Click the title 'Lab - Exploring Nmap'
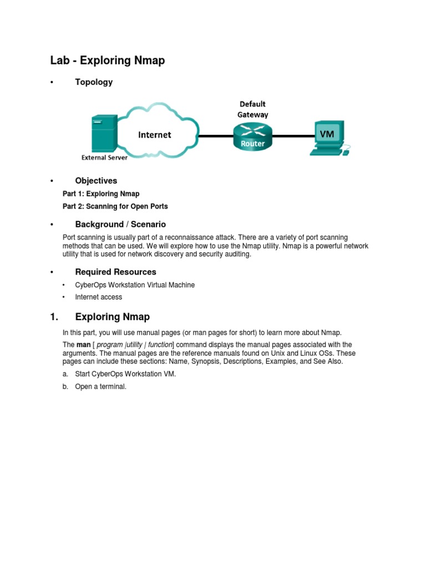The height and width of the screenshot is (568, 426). click(107, 60)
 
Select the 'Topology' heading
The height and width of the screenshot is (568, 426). click(94, 82)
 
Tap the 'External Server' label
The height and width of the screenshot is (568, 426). click(105, 157)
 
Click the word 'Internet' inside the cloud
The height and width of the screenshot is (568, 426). click(154, 134)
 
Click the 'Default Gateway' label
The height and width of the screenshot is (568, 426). click(252, 109)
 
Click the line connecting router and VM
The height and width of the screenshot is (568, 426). click(293, 135)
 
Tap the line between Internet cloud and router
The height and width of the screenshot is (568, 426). click(215, 135)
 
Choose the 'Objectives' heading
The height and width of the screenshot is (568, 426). click(96, 181)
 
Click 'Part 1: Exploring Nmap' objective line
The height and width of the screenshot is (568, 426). click(101, 194)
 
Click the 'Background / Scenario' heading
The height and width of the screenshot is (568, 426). click(120, 225)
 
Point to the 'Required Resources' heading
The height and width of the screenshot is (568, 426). click(115, 272)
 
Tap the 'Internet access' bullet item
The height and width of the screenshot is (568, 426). click(99, 297)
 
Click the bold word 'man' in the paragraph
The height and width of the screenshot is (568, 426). click(83, 345)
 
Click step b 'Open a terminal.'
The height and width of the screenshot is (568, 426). click(101, 387)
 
